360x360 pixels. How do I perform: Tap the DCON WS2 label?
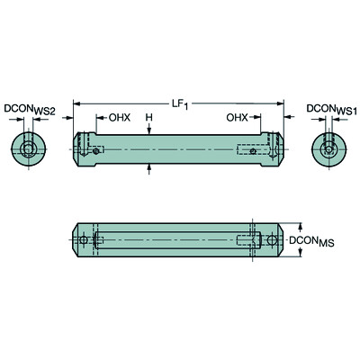click(x=31, y=110)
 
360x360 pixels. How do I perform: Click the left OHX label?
click(x=121, y=118)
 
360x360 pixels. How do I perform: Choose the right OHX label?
click(x=238, y=118)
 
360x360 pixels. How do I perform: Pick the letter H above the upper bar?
click(x=149, y=118)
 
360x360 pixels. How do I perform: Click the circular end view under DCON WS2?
click(x=31, y=148)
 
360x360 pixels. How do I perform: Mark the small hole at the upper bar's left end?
click(x=97, y=152)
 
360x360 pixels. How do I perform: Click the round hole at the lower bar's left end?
click(x=84, y=240)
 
